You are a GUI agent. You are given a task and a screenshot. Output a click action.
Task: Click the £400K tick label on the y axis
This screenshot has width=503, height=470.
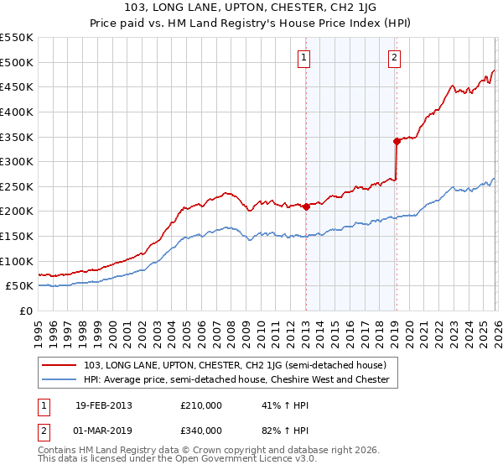pos(17,112)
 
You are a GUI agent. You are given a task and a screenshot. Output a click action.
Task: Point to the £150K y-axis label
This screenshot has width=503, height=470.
pos(17,236)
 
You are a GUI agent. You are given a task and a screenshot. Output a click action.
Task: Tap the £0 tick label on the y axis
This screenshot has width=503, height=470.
pos(25,311)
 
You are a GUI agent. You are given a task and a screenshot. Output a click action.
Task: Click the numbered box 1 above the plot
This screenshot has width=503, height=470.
pos(303,58)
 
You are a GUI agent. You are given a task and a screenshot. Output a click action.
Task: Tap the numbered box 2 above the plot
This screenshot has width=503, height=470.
pos(393,58)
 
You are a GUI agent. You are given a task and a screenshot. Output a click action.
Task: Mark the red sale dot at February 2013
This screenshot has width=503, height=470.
pos(307,206)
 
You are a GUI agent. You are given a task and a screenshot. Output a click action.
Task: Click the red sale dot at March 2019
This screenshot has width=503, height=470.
pos(397,142)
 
